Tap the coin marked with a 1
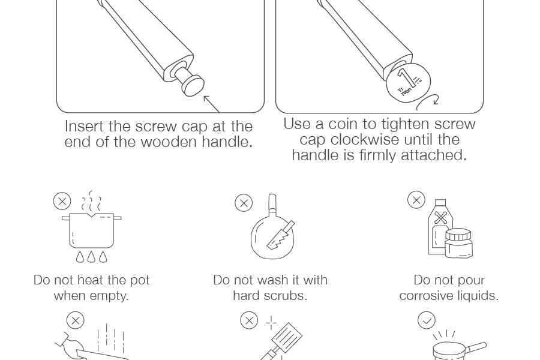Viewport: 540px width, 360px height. (408, 82)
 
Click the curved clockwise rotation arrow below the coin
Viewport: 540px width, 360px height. (428, 103)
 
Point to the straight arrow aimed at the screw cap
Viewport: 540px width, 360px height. (211, 104)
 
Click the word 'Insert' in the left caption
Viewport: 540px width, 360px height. (85, 127)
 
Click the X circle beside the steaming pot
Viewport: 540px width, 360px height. (62, 201)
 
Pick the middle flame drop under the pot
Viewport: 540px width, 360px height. (91, 257)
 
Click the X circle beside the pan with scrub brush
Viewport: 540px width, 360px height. (244, 203)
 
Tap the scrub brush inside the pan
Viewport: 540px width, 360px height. (281, 235)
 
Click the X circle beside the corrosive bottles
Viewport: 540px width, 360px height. (416, 200)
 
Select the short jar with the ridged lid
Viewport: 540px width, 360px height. (458, 243)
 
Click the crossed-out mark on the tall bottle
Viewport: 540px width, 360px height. (440, 218)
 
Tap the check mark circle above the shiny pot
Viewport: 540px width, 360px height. (427, 321)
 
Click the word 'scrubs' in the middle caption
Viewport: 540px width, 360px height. (288, 296)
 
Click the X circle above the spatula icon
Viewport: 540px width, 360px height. (249, 320)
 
